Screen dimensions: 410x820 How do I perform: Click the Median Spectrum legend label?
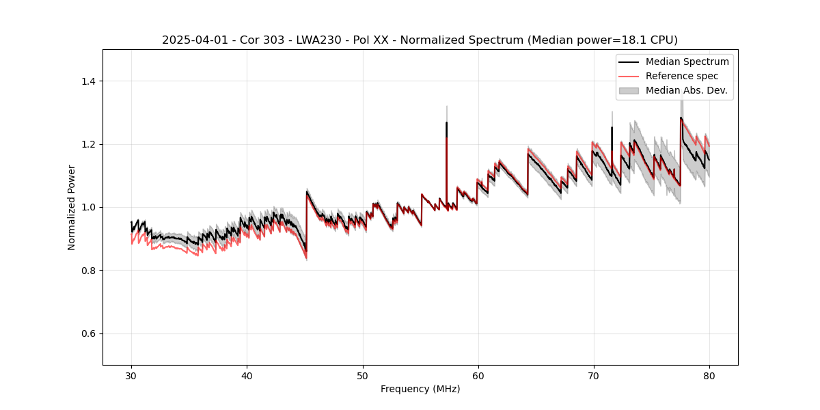pos(687,61)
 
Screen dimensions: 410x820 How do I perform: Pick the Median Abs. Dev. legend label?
pos(687,90)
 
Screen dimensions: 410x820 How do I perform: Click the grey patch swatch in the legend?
pos(629,90)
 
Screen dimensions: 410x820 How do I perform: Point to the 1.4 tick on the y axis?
pos(87,81)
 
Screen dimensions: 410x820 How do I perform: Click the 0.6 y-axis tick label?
pos(87,333)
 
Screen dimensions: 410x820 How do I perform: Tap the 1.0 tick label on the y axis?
pos(87,207)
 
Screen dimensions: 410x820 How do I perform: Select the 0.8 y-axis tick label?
pos(87,271)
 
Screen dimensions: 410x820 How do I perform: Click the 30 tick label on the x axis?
pos(131,376)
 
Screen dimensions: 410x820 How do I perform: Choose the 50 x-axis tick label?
pos(362,376)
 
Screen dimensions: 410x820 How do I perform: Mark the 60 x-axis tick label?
pos(478,376)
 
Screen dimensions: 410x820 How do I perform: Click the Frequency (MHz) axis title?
pos(420,389)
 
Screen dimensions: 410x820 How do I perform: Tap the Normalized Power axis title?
pos(72,207)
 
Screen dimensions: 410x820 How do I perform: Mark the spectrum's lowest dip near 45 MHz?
pos(306,251)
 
